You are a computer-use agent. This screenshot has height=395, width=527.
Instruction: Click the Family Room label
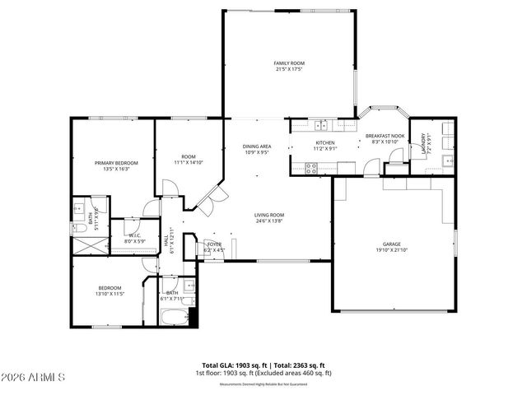click(x=289, y=63)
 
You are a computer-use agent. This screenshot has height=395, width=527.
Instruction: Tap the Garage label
click(x=390, y=244)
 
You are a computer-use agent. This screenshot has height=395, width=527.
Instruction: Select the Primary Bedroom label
click(x=115, y=163)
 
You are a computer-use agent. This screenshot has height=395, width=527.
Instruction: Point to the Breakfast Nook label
click(x=385, y=136)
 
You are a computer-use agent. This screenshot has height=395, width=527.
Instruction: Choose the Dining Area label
click(x=257, y=146)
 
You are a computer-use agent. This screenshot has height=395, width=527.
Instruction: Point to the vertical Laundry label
click(x=424, y=146)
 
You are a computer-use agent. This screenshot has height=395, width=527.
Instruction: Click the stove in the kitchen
click(x=312, y=168)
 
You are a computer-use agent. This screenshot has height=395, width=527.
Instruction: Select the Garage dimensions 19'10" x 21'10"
click(x=390, y=250)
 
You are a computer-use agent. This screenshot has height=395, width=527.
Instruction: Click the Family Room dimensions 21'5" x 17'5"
click(x=289, y=69)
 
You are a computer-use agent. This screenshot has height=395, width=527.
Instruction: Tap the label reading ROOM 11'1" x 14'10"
click(x=189, y=160)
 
